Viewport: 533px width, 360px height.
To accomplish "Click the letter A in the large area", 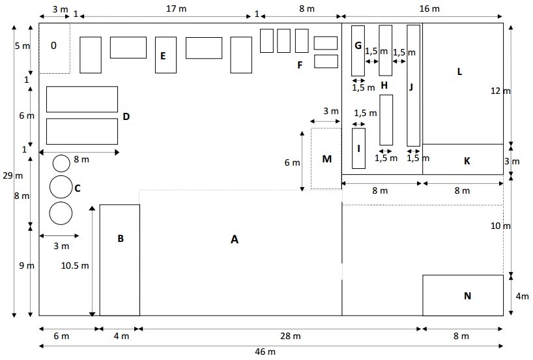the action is click(234, 239).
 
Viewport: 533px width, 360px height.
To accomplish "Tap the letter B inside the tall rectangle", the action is click(121, 239).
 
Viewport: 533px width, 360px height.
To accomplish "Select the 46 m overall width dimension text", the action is click(265, 352).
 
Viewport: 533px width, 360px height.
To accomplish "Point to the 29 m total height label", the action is click(12, 175).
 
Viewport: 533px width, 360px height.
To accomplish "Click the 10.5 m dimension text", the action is click(75, 265).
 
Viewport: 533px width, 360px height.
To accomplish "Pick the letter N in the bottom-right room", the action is click(467, 296).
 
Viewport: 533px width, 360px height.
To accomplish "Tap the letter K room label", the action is click(467, 161).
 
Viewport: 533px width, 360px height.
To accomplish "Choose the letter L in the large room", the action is click(459, 72).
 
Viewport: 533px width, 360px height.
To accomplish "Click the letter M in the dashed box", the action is click(326, 159).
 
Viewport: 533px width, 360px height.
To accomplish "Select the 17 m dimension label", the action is click(176, 9).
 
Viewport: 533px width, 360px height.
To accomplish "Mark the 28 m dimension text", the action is click(291, 336).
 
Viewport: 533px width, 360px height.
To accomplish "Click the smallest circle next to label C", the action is click(61, 163).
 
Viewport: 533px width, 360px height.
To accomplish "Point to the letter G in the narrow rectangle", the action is click(358, 45).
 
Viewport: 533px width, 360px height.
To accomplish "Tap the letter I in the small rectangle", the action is click(358, 148).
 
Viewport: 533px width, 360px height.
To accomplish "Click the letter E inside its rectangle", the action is click(163, 56).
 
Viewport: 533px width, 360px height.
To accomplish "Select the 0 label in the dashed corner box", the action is click(53, 46).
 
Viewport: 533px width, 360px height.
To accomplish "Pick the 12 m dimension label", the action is click(500, 91).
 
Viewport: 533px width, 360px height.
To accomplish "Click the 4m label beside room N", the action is click(522, 296).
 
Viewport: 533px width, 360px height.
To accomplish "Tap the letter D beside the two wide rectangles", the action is click(126, 117).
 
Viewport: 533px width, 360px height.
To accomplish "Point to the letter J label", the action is click(411, 87).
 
